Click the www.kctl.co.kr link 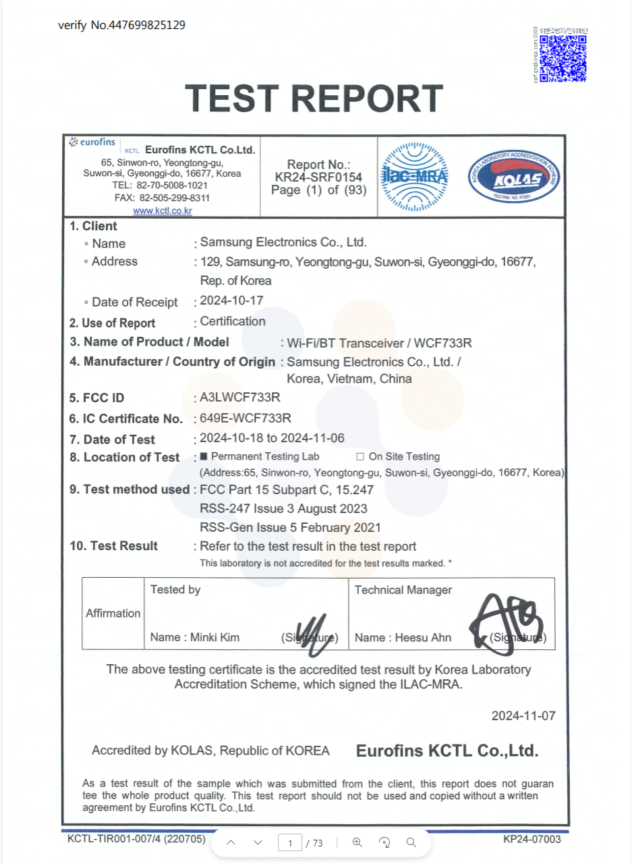tap(163, 211)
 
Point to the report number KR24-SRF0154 tap(318, 177)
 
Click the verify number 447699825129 tap(142, 25)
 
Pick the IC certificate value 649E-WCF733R tap(246, 418)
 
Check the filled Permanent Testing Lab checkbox tap(205, 456)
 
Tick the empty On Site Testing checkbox tap(360, 456)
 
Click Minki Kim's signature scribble tap(311, 635)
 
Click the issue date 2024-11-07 tap(523, 715)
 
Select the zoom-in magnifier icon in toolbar tap(357, 842)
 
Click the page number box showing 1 tap(290, 842)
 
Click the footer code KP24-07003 tap(532, 839)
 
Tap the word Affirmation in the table tap(113, 613)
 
